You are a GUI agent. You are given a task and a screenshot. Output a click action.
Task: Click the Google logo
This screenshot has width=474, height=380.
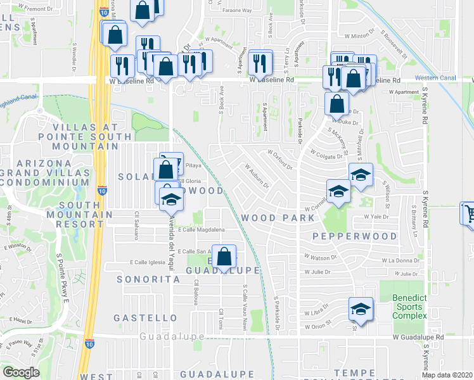click(21, 372)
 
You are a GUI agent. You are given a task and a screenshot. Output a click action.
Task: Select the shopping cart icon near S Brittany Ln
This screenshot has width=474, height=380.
click(469, 213)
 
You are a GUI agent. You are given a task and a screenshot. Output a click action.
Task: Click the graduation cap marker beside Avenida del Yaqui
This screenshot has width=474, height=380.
click(169, 200)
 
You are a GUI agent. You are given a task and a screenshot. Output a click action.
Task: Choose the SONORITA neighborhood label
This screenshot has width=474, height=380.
click(141, 279)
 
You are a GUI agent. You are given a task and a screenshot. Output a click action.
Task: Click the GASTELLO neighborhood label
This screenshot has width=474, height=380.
click(144, 317)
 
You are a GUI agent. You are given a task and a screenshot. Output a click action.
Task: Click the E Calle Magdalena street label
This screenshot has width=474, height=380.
click(202, 230)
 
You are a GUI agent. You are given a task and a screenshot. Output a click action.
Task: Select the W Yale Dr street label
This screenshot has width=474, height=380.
click(376, 217)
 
